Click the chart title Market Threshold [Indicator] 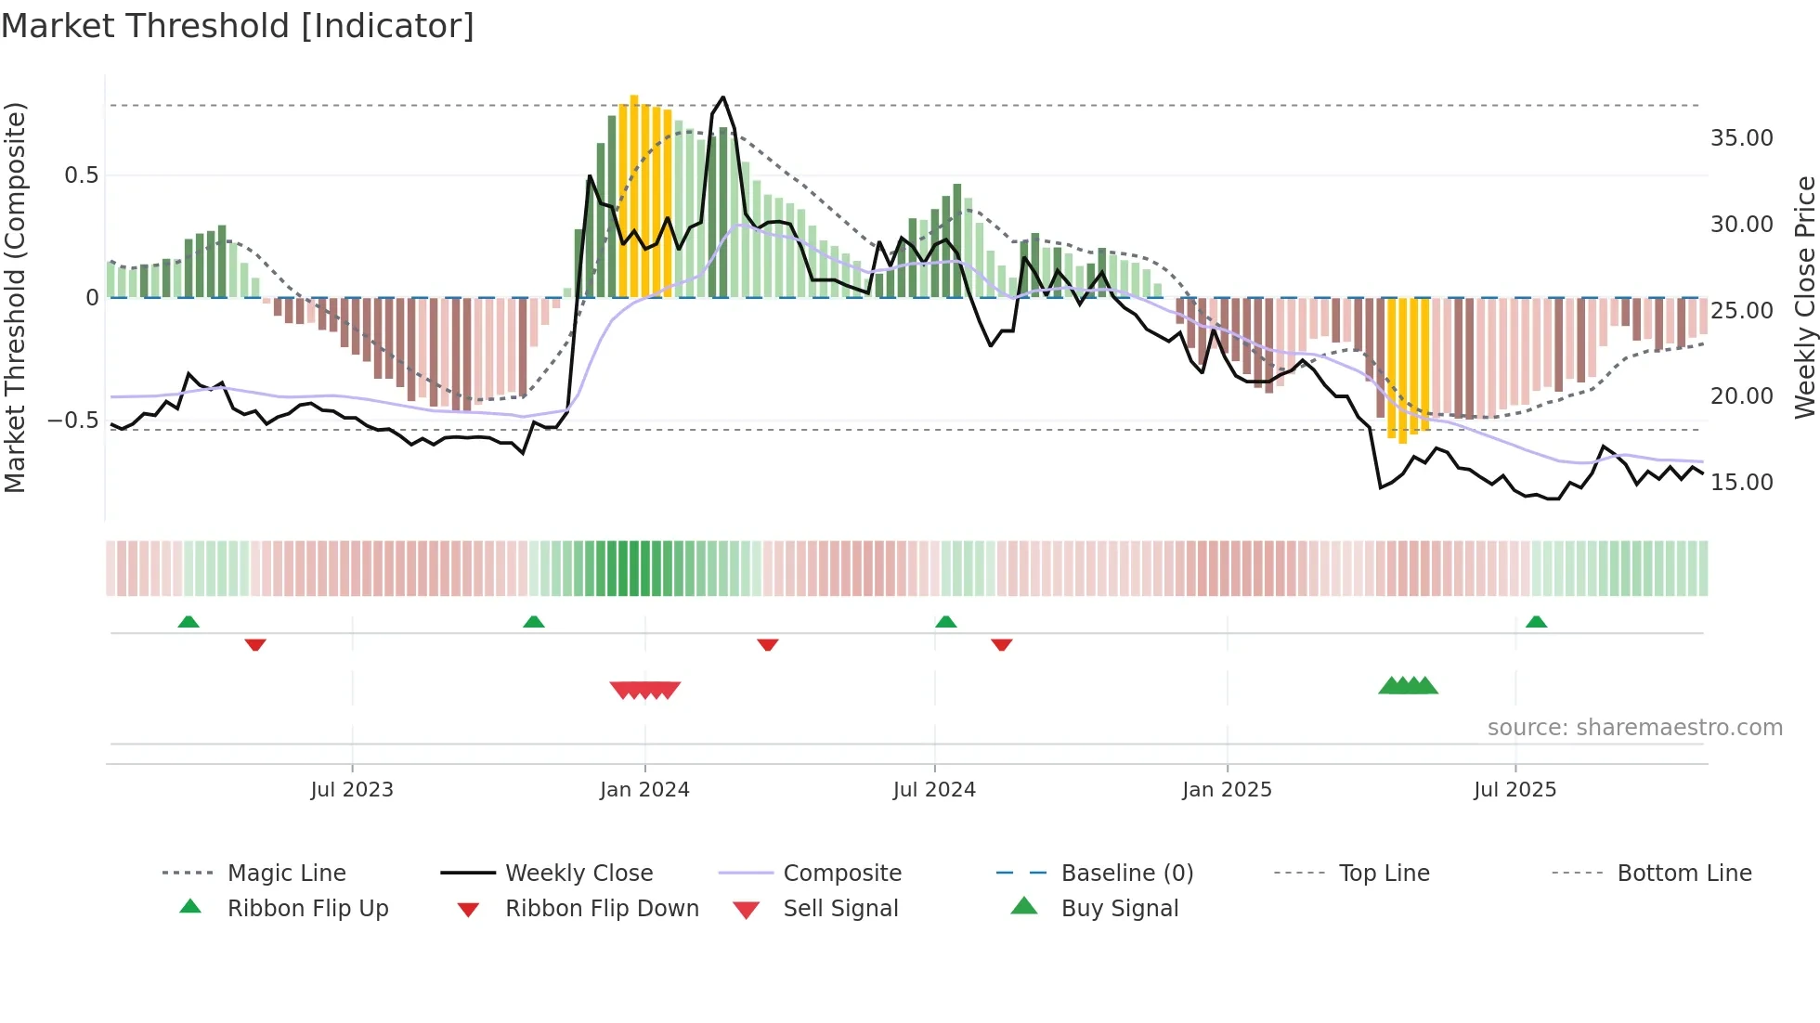(x=238, y=26)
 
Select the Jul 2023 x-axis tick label (x=352, y=790)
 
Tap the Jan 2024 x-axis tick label (x=644, y=790)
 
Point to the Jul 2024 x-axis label (x=934, y=790)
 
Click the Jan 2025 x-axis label (x=1227, y=790)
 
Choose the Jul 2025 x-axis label (x=1514, y=790)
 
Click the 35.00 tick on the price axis (x=1741, y=138)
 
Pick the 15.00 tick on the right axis (x=1741, y=483)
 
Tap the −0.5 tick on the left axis (x=73, y=421)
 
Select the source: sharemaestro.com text (x=1634, y=728)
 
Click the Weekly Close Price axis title (x=1804, y=297)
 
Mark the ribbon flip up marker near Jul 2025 (x=1536, y=622)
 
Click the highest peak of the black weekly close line (x=723, y=97)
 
